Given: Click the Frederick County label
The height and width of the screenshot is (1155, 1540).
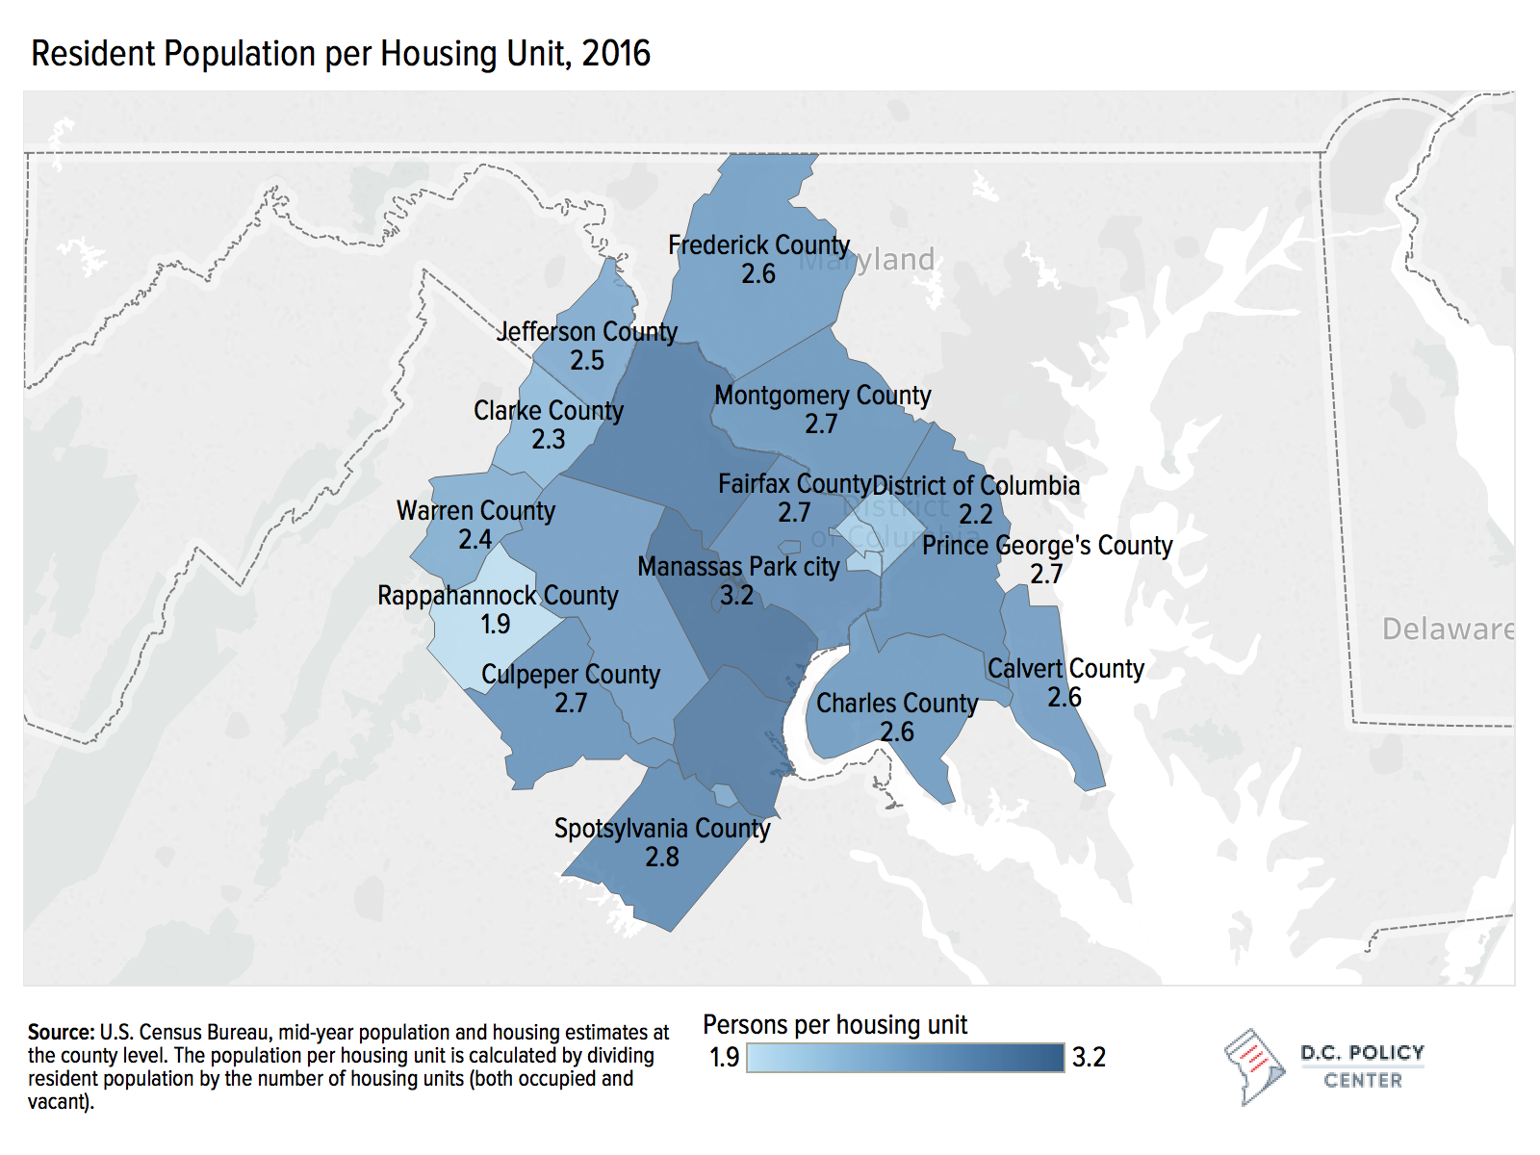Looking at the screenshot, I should click(758, 245).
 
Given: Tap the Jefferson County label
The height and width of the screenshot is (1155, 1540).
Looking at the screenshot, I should click(587, 332).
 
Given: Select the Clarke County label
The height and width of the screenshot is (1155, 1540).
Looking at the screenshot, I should click(549, 411).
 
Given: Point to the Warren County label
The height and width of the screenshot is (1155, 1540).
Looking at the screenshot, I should click(475, 511).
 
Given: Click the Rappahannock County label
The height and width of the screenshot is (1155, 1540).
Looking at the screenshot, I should click(498, 596).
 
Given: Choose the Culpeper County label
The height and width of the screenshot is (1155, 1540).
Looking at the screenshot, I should click(571, 675).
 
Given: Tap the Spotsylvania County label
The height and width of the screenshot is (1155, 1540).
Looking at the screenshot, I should click(662, 829).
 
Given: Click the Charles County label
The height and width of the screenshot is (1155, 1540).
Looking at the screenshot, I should click(897, 704).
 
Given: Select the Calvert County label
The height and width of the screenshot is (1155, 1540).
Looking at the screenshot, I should click(1065, 669).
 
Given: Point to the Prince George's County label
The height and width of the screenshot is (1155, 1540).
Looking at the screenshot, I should click(1047, 546).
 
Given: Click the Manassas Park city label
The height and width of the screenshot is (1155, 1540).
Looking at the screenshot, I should click(738, 567).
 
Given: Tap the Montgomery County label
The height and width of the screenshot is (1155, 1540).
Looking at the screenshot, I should click(823, 396).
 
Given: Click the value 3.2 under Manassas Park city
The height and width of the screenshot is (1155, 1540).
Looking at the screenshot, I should click(737, 595).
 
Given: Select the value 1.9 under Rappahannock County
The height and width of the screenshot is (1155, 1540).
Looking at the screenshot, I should click(496, 625).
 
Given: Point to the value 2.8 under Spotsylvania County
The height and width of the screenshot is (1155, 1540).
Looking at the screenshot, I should click(662, 857).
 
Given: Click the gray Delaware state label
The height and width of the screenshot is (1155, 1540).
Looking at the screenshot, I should click(1448, 629).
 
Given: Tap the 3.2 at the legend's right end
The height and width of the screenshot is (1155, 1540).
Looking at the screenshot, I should click(1089, 1057).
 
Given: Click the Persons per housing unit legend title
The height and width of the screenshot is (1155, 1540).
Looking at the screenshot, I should click(835, 1025).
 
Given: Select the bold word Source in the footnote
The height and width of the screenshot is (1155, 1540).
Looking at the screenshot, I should click(61, 1033).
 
